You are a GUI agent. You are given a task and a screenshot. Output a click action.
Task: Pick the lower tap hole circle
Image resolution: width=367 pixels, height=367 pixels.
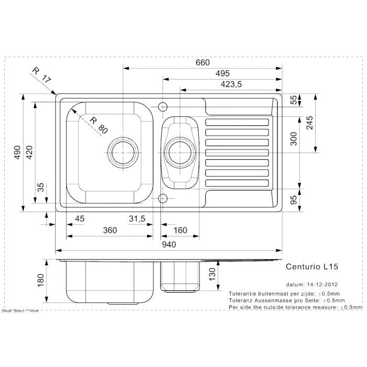[x=163, y=198]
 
